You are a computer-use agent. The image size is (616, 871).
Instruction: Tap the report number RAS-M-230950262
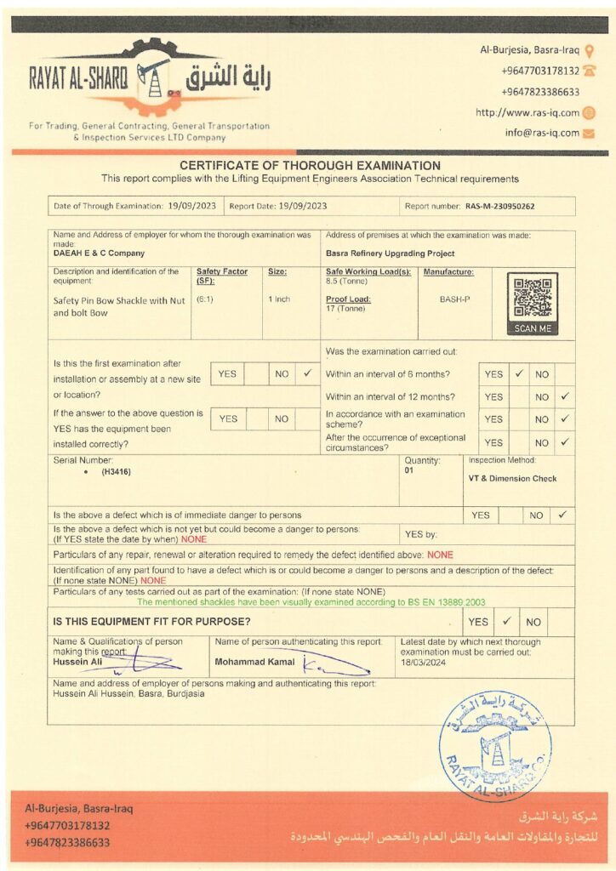(x=499, y=206)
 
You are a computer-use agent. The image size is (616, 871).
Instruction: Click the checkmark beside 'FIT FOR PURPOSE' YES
(x=506, y=621)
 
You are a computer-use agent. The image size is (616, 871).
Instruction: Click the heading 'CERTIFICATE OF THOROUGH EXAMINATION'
(x=310, y=166)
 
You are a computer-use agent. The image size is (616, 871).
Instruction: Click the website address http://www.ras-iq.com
(x=527, y=112)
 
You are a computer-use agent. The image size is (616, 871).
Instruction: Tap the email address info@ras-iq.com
(x=542, y=133)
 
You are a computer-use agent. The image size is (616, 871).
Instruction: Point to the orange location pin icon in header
(x=590, y=50)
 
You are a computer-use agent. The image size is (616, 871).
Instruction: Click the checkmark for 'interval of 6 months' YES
(x=518, y=373)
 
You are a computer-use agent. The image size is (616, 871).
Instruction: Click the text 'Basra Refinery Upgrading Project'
(x=390, y=253)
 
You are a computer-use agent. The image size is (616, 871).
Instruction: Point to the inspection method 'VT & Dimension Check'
(x=512, y=478)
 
